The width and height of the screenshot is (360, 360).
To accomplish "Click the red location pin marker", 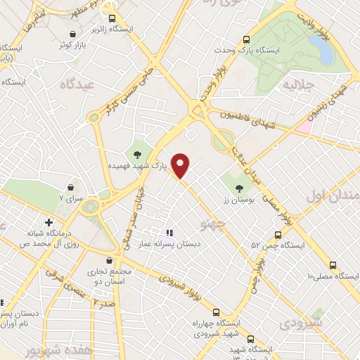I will coord(181,166).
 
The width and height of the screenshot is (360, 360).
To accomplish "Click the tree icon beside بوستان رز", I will coord(238,188).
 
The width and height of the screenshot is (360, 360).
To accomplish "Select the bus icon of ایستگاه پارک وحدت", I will coord(245,40).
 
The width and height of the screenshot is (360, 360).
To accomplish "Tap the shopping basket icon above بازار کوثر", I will coord(73,34).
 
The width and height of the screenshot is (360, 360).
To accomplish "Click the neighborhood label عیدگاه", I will coord(60,84).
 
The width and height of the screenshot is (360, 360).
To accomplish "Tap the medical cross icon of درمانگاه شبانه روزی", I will coord(49,222).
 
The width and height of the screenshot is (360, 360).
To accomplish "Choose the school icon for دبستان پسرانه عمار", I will coord(169,232).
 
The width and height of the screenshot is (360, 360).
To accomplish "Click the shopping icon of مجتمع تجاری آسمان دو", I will coord(108,261).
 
